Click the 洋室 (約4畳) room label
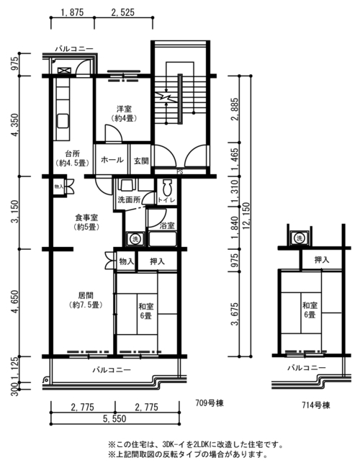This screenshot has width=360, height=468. click(124, 114)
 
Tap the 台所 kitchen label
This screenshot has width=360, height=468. click(73, 154)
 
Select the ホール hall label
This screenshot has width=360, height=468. click(112, 160)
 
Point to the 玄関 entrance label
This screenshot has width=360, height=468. click(141, 161)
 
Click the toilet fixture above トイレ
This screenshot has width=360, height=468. click(167, 188)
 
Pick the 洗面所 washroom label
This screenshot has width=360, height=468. click(129, 199)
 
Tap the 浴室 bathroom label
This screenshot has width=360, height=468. click(167, 225)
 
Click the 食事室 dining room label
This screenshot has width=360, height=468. click(86, 218)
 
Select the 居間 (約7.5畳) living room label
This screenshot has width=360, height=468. click(86, 300)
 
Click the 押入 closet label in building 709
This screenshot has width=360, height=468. click(157, 262)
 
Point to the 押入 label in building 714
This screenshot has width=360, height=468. click(322, 260)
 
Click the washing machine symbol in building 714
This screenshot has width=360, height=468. click(299, 238)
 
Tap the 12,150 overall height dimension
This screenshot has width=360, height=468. click(246, 217)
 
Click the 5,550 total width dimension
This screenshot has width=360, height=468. click(114, 418)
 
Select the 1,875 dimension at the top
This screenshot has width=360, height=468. click(72, 12)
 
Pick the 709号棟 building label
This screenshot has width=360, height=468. click(210, 403)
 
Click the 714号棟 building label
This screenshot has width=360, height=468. click(316, 405)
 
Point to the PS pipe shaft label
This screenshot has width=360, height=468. click(180, 172)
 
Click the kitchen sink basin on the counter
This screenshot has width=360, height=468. click(63, 121)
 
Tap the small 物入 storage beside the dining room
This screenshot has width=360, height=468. click(59, 187)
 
